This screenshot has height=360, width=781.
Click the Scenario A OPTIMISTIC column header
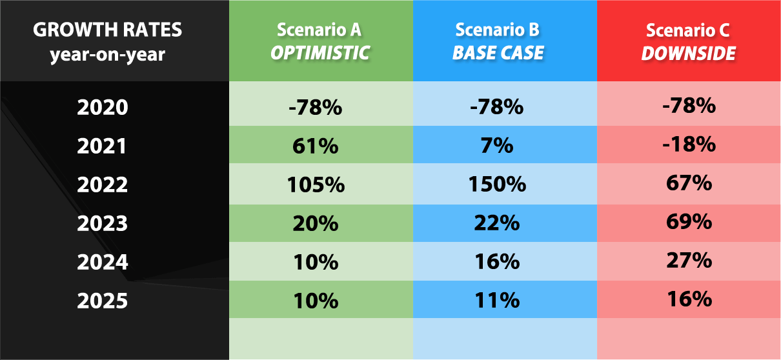coord(320,41)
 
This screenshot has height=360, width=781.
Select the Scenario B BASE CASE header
coord(498,41)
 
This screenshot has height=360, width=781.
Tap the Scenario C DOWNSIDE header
coord(688,41)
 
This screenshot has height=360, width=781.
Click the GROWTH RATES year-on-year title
coord(107,42)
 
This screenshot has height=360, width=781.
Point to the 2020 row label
coord(103,107)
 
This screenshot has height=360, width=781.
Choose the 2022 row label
coord(103,185)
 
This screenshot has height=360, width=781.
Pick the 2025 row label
coord(103,301)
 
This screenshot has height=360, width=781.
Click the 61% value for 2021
coord(316,146)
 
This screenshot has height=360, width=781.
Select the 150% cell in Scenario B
coord(497,184)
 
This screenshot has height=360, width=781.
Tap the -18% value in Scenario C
coord(689,144)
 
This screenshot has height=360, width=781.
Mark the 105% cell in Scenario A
coord(316,185)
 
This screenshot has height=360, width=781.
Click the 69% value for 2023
coord(689,221)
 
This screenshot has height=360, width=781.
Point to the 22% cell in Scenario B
coord(497,223)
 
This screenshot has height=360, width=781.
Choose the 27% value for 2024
coord(689,261)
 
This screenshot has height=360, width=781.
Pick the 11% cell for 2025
coord(497,301)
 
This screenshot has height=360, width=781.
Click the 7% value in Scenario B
coord(497,145)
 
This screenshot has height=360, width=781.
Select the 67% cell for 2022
coord(689,183)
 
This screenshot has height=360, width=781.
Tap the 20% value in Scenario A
coord(316,223)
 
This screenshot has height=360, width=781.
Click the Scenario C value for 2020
coord(689,105)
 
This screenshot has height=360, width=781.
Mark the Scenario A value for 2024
coord(316,262)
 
